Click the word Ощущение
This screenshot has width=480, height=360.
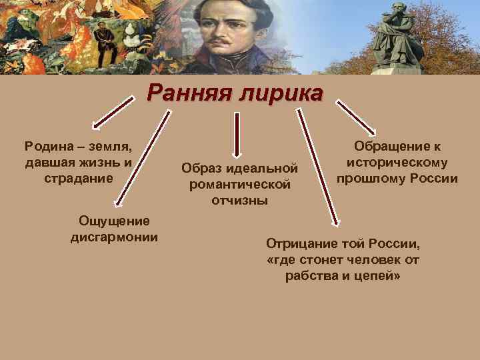[114, 221]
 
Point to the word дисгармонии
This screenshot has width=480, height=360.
[114, 237]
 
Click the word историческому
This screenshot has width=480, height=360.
[397, 163]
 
